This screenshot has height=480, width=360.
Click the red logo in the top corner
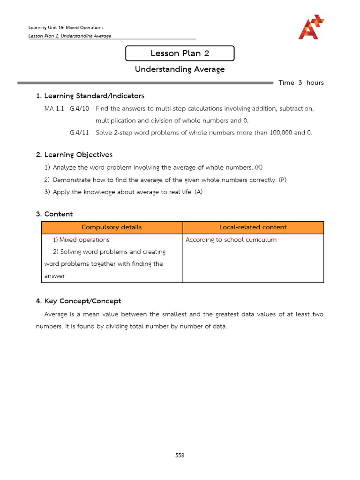(311, 27)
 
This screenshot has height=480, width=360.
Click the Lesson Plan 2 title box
(180, 53)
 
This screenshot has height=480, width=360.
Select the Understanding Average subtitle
(180, 69)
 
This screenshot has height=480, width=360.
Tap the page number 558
(180, 455)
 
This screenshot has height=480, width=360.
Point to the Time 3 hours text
(301, 83)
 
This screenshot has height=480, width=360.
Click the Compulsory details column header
(112, 227)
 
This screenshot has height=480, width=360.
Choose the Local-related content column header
(253, 227)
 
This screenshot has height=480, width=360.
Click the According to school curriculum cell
(231, 240)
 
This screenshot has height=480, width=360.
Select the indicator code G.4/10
(79, 109)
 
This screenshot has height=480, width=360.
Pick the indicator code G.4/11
(79, 133)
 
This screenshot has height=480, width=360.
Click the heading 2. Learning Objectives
(74, 155)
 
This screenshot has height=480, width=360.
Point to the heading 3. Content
(54, 214)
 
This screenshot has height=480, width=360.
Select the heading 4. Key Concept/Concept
(78, 301)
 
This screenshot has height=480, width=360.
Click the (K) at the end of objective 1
(259, 167)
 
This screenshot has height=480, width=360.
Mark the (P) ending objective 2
(282, 180)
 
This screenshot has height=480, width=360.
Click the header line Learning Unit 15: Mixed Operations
(66, 28)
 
